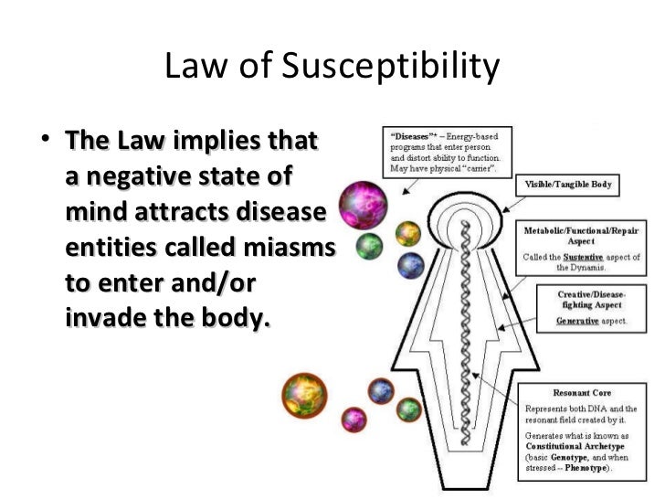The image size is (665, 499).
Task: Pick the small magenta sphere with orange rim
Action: pyautogui.click(x=354, y=419)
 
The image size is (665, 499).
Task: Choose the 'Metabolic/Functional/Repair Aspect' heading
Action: pyautogui.click(x=582, y=237)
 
